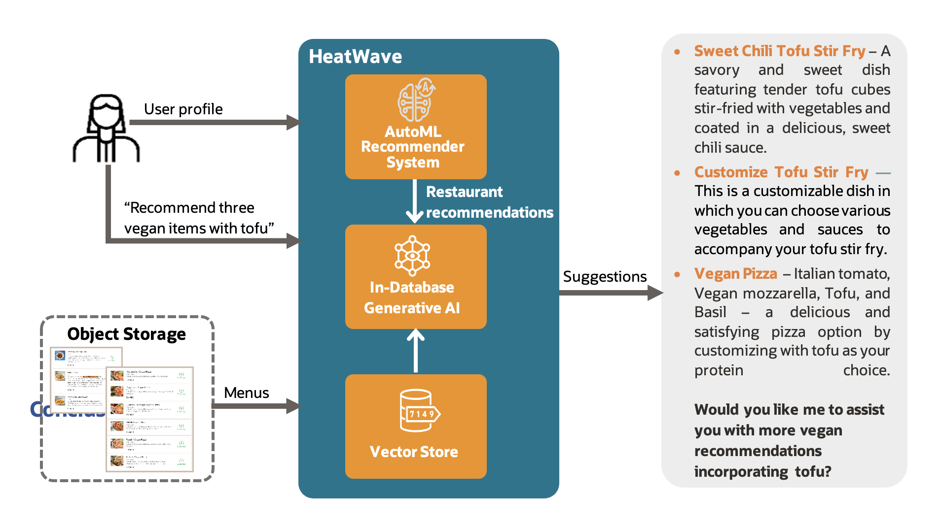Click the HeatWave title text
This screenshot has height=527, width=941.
[x=355, y=57]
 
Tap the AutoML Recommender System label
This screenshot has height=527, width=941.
[x=413, y=147]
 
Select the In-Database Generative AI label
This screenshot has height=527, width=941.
[x=412, y=297]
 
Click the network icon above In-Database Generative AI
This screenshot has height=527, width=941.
[x=412, y=256]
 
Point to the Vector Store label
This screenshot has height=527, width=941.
[x=414, y=452]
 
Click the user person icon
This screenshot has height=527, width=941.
[x=106, y=129]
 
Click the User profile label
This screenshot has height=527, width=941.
[x=183, y=109]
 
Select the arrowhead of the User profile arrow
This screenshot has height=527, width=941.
[x=293, y=122]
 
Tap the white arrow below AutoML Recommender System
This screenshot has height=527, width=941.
[x=415, y=202]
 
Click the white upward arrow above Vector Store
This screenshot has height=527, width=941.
[x=415, y=350]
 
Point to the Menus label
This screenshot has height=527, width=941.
[x=246, y=393]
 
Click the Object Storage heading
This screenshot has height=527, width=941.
[x=126, y=334]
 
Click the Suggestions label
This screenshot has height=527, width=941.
[x=605, y=276]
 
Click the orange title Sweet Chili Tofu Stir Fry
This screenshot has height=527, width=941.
[x=779, y=51]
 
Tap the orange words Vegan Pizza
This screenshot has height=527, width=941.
[x=735, y=273]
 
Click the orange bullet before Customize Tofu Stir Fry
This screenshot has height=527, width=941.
[x=677, y=173]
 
